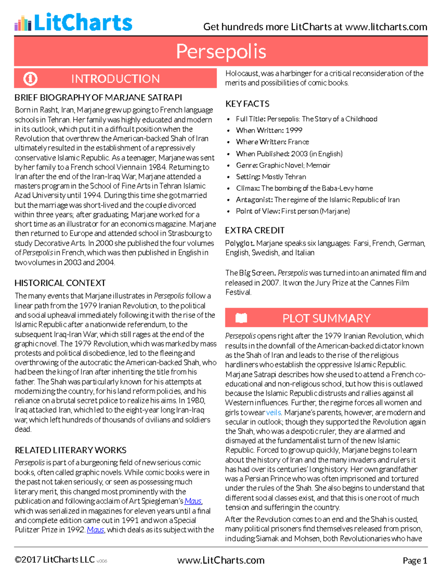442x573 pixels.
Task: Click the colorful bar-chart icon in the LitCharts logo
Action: [23, 23]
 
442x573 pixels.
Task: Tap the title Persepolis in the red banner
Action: [221, 51]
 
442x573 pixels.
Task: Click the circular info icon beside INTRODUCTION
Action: [30, 79]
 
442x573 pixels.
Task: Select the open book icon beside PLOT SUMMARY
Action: [241, 318]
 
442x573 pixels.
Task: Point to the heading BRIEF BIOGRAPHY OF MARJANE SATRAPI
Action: [98, 98]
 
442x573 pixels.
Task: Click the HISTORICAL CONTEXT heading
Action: [60, 283]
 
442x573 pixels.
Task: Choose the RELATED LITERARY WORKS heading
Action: [70, 450]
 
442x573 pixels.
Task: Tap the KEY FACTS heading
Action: [247, 104]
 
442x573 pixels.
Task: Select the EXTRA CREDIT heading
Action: [255, 231]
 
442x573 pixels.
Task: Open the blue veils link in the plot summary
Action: [273, 413]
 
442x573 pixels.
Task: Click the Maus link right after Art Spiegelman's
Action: [193, 501]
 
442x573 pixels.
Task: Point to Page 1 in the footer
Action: [415, 561]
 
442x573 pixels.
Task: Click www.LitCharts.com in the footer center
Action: [221, 560]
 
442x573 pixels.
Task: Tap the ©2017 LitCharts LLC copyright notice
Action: [55, 560]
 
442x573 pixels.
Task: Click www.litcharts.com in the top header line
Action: [386, 27]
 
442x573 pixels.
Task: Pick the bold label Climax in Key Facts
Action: [248, 189]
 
